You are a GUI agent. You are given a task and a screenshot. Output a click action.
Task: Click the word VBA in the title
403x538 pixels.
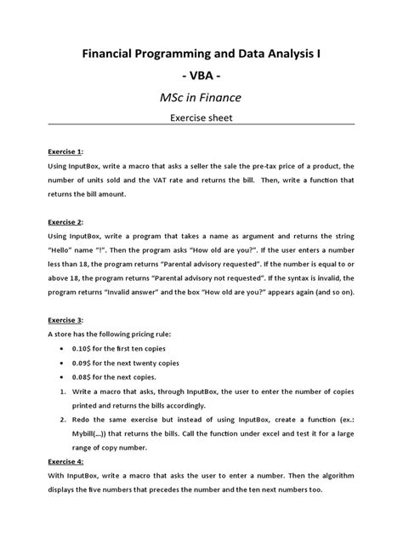coord(201,85)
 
